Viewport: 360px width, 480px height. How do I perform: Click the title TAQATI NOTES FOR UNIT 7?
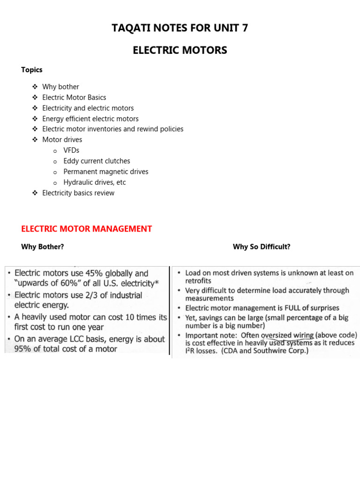tap(180, 28)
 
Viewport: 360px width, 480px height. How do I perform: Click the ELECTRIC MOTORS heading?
tap(180, 50)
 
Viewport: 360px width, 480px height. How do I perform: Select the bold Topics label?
tap(32, 70)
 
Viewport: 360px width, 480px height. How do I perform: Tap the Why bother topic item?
tap(60, 87)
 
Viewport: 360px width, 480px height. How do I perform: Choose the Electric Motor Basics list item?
tap(74, 97)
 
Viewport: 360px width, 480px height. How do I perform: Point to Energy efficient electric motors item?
tap(90, 119)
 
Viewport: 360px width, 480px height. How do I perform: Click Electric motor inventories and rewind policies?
tap(112, 129)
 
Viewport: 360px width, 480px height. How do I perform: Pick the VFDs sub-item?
tap(71, 150)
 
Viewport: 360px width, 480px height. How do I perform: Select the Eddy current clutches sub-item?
tap(97, 161)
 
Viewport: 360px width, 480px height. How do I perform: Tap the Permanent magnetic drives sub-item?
tap(105, 172)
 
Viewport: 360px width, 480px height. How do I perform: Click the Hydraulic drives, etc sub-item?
tap(94, 182)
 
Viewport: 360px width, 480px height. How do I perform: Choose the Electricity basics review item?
tap(78, 193)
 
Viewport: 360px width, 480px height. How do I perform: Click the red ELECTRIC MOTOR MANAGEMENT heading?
tap(87, 229)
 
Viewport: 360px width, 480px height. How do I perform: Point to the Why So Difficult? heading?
tap(262, 247)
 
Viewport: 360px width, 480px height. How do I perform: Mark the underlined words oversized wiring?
tap(287, 335)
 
